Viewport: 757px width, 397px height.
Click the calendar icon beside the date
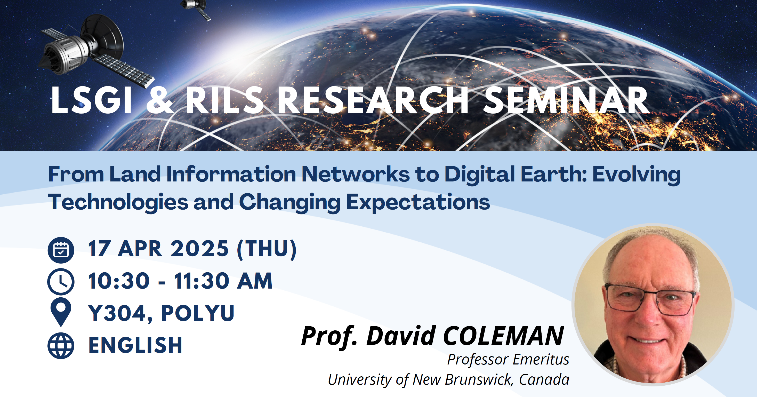pyautogui.click(x=61, y=250)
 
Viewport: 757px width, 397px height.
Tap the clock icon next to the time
pyautogui.click(x=61, y=282)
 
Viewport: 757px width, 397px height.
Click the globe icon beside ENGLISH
pyautogui.click(x=61, y=346)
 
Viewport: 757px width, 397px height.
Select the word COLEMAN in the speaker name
pyautogui.click(x=503, y=336)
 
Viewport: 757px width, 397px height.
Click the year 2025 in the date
pyautogui.click(x=199, y=249)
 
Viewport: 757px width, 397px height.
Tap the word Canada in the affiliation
pyautogui.click(x=544, y=379)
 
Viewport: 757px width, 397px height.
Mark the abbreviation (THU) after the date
pyautogui.click(x=267, y=249)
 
